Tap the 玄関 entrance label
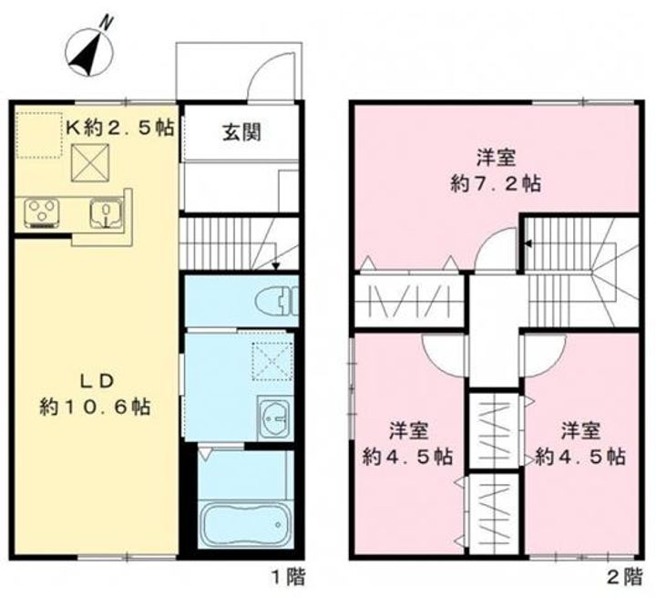click(x=241, y=132)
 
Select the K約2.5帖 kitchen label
click(x=118, y=128)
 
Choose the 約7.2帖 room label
click(x=497, y=169)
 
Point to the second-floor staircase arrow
click(x=527, y=242)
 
